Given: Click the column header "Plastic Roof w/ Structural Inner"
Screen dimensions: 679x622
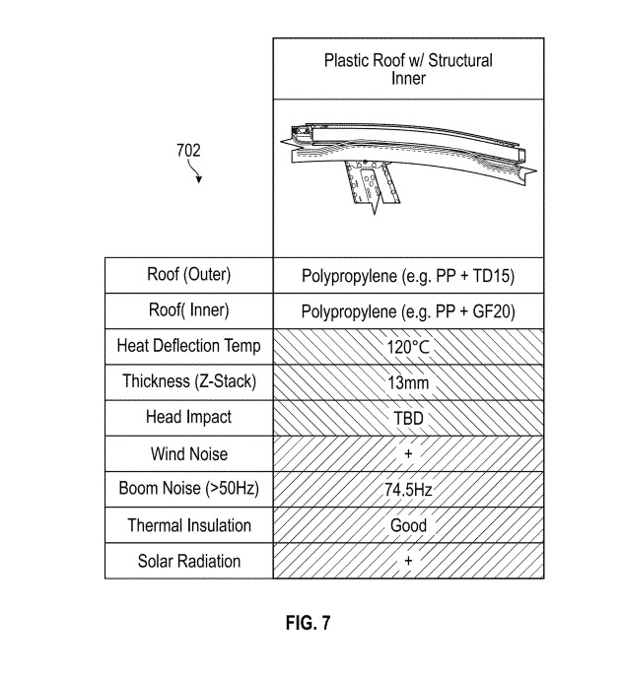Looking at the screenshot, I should click(408, 69).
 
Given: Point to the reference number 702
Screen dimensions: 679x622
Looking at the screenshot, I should click(188, 151).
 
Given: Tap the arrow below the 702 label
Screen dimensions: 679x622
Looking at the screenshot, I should click(197, 174).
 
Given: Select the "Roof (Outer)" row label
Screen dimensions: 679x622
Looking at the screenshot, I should click(188, 275).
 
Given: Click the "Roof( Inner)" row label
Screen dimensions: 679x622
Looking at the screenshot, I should click(188, 310).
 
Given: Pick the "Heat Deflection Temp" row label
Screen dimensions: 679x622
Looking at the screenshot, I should click(188, 346).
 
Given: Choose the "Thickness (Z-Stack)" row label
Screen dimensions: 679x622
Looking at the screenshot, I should click(188, 381).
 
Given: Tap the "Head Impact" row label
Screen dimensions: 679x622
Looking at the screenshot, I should click(188, 417).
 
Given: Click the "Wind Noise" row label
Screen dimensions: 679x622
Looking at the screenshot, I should click(188, 453).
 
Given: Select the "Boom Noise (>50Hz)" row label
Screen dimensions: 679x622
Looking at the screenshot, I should click(188, 489).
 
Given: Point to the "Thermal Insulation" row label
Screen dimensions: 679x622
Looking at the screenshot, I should click(188, 525).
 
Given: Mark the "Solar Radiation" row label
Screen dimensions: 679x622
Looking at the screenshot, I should click(188, 561).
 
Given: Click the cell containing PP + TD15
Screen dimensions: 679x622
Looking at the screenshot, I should click(408, 275).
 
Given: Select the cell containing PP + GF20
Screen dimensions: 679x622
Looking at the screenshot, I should click(408, 310).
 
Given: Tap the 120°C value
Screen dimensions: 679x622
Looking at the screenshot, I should click(408, 347).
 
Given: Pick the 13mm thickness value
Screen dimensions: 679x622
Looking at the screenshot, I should click(408, 382).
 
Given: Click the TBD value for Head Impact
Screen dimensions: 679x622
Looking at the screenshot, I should click(408, 418).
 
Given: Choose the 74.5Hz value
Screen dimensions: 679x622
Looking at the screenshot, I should click(408, 490).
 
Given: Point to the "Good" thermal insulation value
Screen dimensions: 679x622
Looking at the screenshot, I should click(408, 525).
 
